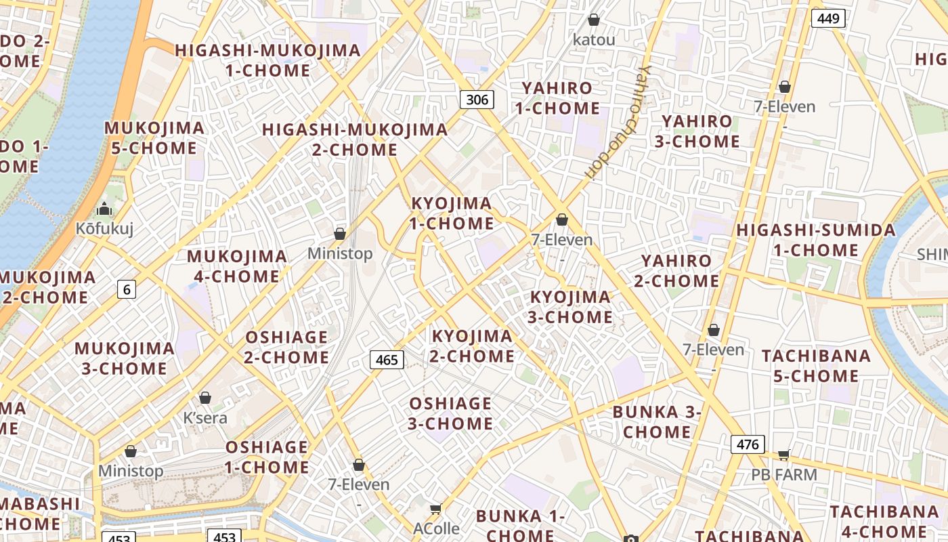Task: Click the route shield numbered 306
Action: pyautogui.click(x=477, y=100)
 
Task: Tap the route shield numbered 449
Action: pyautogui.click(x=828, y=18)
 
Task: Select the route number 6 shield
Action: pyautogui.click(x=126, y=289)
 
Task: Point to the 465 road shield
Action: pyautogui.click(x=387, y=360)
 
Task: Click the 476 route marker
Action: pyautogui.click(x=748, y=444)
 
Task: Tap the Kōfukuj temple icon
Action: pyautogui.click(x=104, y=209)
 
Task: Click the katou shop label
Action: pyautogui.click(x=594, y=40)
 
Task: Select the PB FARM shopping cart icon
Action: pyautogui.click(x=784, y=455)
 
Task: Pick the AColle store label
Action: pyautogui.click(x=437, y=528)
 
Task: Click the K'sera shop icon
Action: pyautogui.click(x=205, y=398)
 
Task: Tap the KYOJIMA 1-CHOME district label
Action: pyautogui.click(x=452, y=213)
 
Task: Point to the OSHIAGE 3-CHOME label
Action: pyautogui.click(x=450, y=413)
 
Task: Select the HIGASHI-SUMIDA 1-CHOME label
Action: pyautogui.click(x=816, y=240)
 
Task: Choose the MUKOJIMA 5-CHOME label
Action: pyautogui.click(x=154, y=138)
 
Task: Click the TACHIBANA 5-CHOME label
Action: pyautogui.click(x=816, y=366)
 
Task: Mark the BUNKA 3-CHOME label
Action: pyautogui.click(x=657, y=422)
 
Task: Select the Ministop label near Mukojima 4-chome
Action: pyautogui.click(x=340, y=253)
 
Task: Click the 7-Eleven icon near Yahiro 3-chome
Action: pyautogui.click(x=785, y=87)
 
